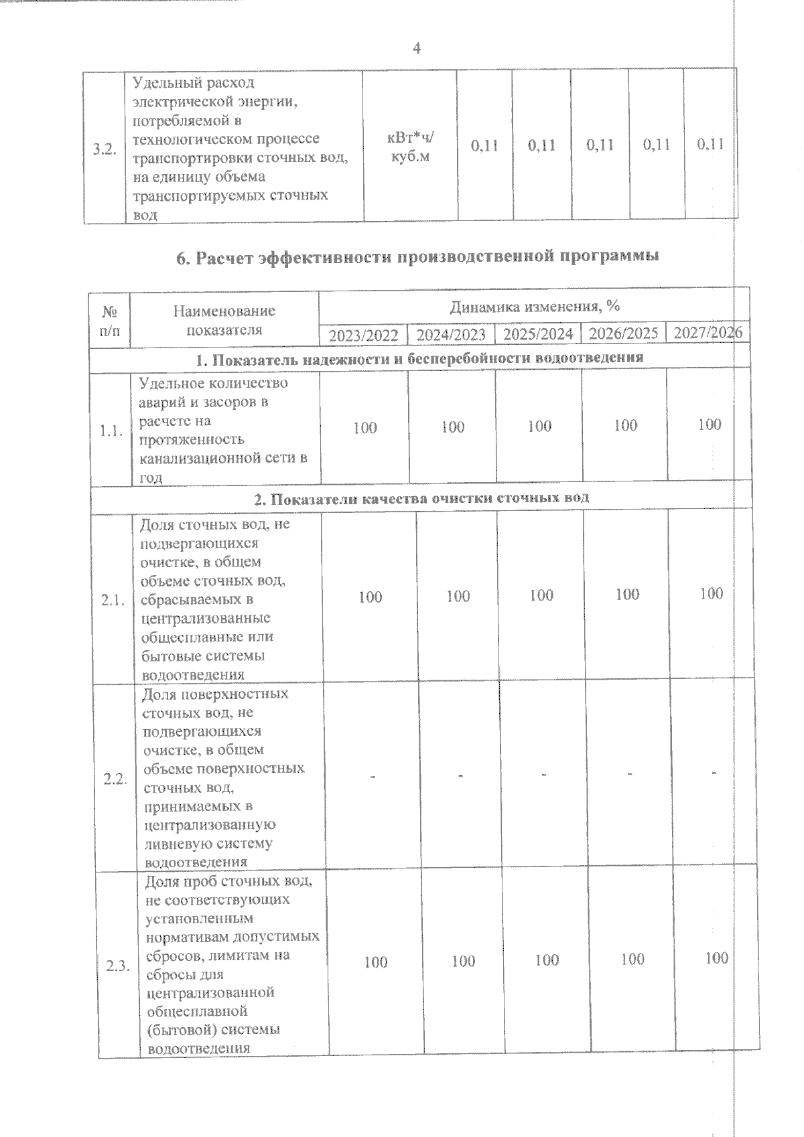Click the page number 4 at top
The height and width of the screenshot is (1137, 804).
coord(416,48)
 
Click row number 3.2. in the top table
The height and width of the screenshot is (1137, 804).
coord(105,149)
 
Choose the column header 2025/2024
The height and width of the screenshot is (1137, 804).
coord(538,333)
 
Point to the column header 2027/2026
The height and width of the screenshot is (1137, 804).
coord(708,332)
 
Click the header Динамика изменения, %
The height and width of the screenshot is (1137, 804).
coord(533,307)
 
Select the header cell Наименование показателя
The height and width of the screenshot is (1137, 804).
coord(224,320)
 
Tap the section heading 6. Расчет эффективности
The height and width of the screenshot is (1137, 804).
coord(417,256)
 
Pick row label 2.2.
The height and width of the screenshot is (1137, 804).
coord(115,778)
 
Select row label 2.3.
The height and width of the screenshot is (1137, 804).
coord(118,965)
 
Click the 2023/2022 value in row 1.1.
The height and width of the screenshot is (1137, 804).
coord(364,427)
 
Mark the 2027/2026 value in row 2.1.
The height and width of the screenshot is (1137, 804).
coord(710,593)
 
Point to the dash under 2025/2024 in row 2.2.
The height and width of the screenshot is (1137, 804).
coord(544,774)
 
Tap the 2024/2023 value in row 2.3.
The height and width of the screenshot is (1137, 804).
coord(463,961)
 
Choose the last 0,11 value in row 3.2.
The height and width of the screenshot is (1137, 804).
coord(710,144)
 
